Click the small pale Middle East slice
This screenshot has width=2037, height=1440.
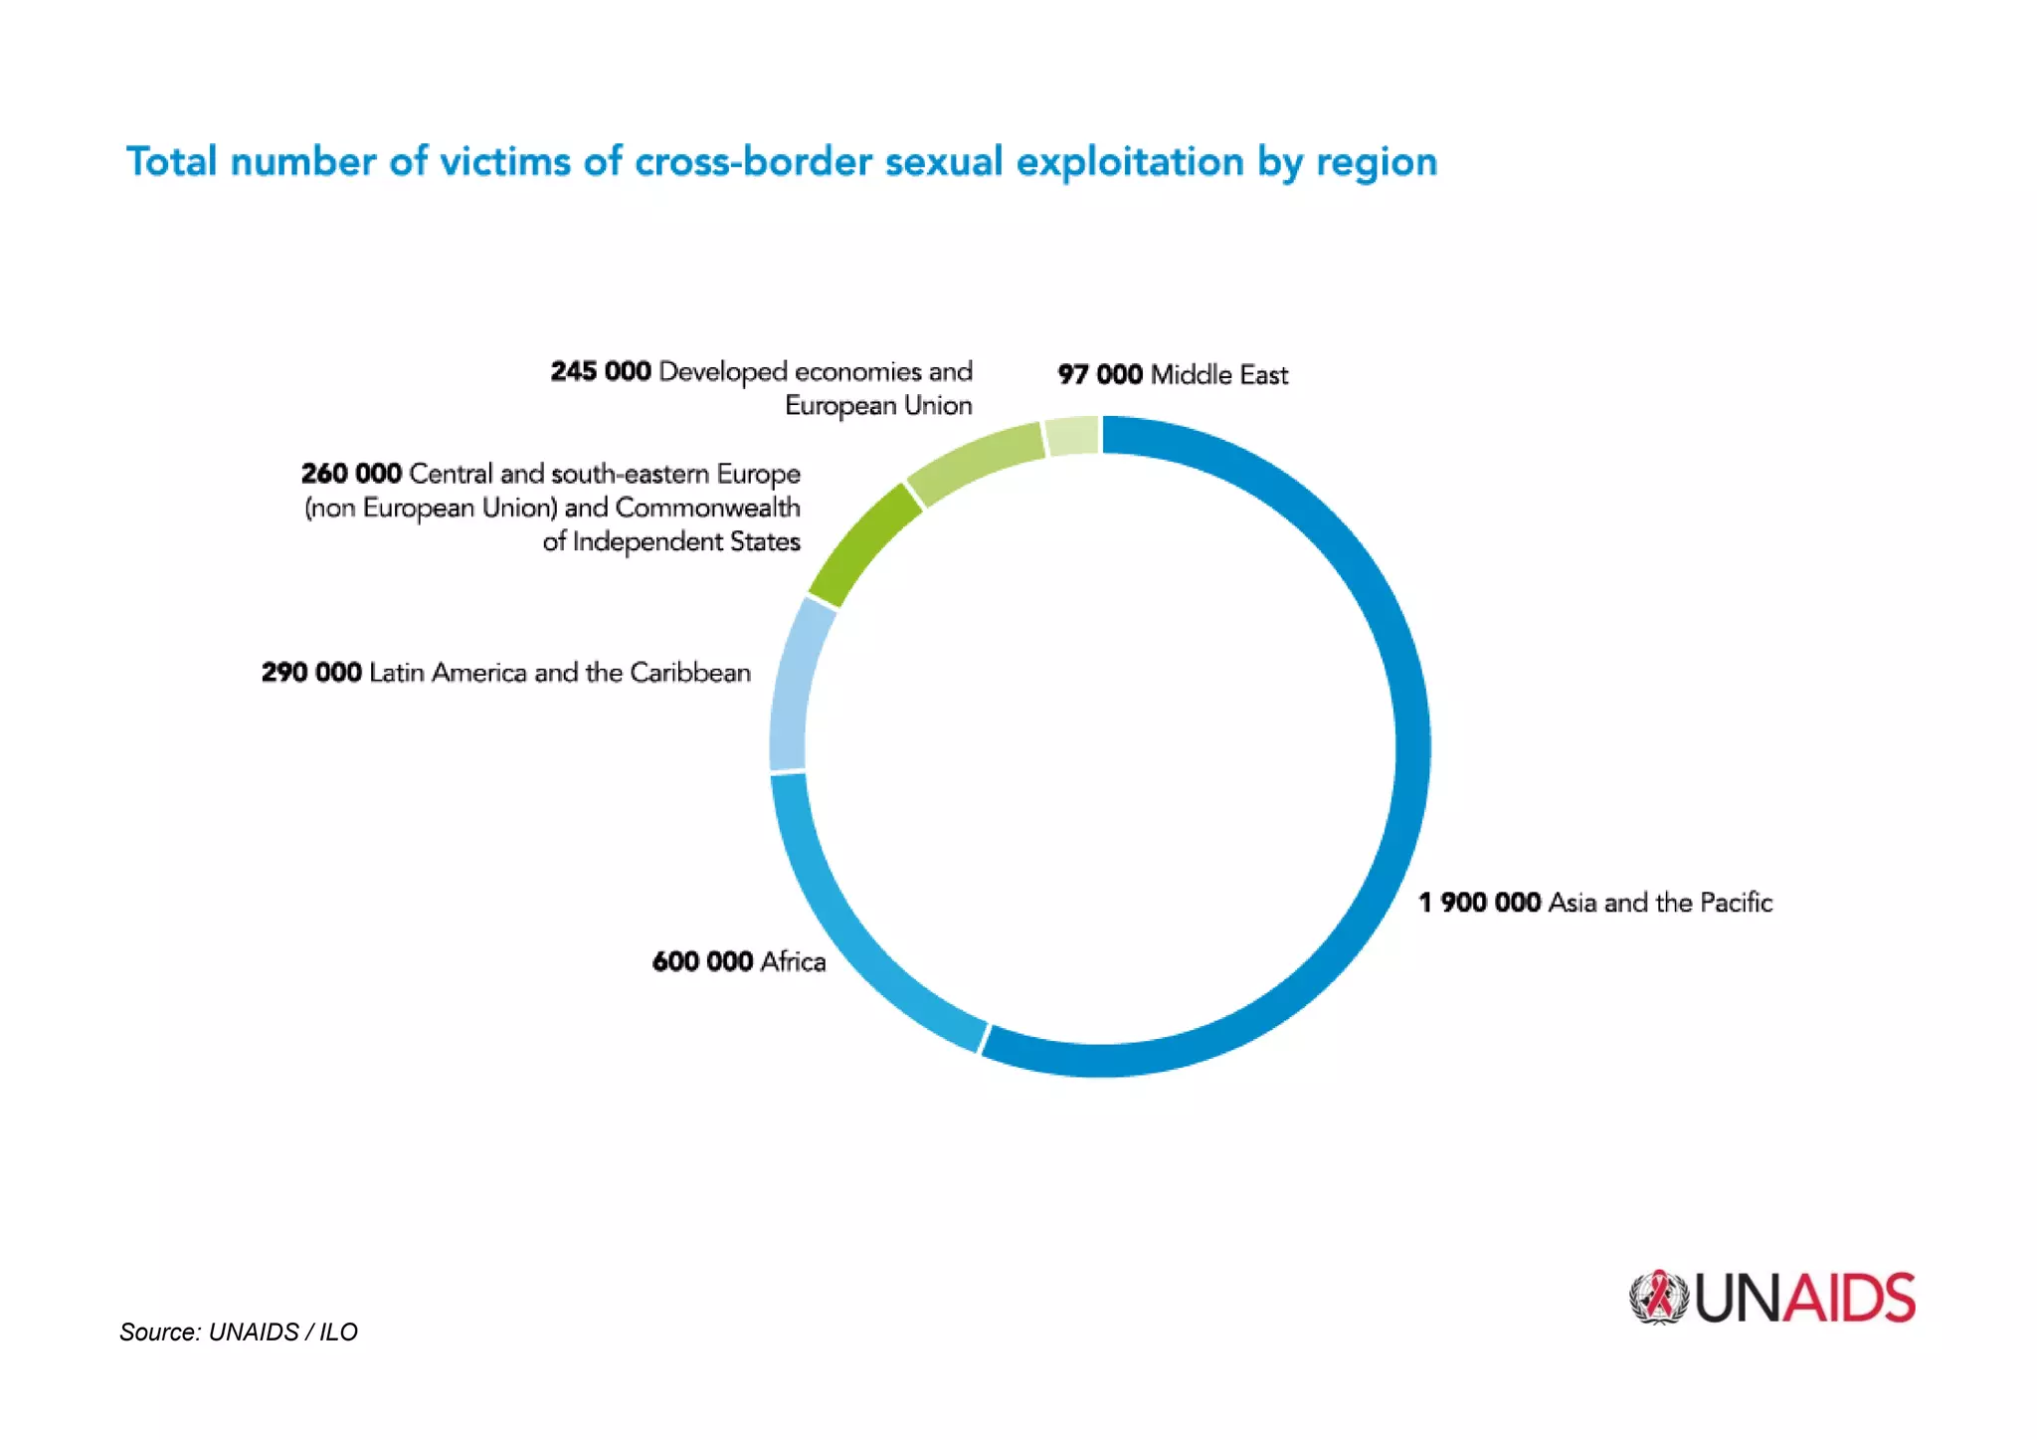click(1072, 437)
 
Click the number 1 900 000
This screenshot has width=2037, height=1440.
click(1479, 903)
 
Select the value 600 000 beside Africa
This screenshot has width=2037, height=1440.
click(702, 961)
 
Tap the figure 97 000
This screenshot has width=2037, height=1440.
click(1099, 375)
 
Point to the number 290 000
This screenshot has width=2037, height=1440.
click(311, 673)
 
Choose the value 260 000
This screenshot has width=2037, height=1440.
click(351, 474)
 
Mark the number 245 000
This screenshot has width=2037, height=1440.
click(601, 371)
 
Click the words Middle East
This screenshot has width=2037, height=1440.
click(1219, 375)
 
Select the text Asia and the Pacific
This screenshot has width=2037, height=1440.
click(1660, 903)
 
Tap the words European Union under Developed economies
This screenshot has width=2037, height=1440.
click(878, 406)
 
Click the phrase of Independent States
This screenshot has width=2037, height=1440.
click(671, 541)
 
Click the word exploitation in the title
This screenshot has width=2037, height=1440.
click(1129, 162)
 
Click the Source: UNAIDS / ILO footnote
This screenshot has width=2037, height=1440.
click(239, 1332)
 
